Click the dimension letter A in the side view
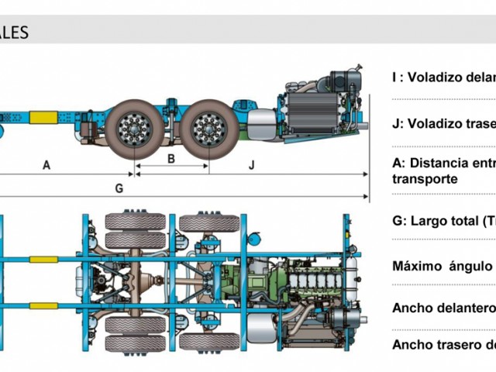point(46,165)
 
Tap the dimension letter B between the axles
point(171,159)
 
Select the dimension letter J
point(252,165)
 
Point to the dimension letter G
point(119,188)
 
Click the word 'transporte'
point(425,178)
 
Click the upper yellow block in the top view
point(43,259)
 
